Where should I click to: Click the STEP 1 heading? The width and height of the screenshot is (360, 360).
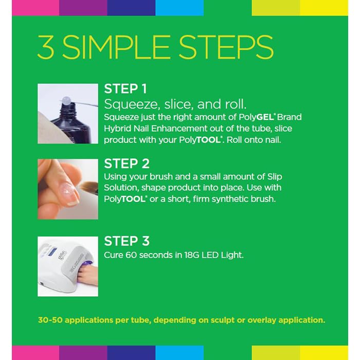point(125,89)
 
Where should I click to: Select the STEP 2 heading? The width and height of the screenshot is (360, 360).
point(127,164)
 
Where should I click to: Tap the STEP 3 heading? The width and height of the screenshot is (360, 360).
point(127,241)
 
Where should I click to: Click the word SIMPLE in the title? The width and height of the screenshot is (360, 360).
point(116,47)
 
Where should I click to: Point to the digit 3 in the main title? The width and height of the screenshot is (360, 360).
point(46,47)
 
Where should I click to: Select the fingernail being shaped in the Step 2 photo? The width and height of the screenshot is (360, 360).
point(69,191)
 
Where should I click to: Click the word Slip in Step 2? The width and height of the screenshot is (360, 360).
point(275,177)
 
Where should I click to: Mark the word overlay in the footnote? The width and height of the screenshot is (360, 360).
point(261,320)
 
